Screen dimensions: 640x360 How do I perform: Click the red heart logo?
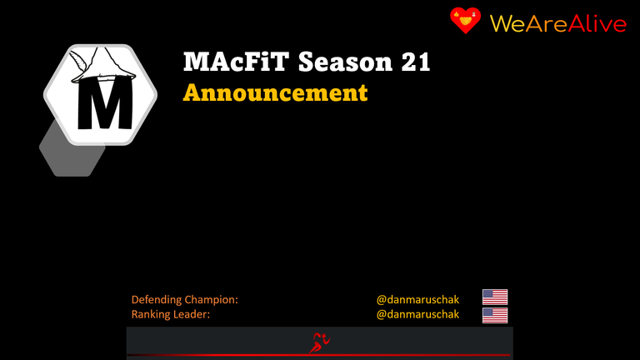pos(465,20)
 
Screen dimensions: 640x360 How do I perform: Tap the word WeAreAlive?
pos(558,23)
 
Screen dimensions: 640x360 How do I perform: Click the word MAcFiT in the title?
pos(237,62)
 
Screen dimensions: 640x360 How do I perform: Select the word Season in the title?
pos(345,62)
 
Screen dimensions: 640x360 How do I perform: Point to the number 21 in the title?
pos(416,62)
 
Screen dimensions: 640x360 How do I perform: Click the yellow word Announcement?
pos(276,92)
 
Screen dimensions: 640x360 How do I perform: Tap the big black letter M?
pos(105,104)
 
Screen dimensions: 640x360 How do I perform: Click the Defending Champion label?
pos(184,300)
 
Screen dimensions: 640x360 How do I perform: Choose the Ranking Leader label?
pos(171,314)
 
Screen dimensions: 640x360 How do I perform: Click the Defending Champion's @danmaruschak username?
pos(417,300)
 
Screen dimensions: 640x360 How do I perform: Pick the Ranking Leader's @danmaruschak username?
pos(417,314)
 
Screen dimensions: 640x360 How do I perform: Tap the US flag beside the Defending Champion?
pos(495,297)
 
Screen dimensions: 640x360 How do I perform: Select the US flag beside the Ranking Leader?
pos(495,315)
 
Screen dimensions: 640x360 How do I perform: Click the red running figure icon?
pos(319,342)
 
